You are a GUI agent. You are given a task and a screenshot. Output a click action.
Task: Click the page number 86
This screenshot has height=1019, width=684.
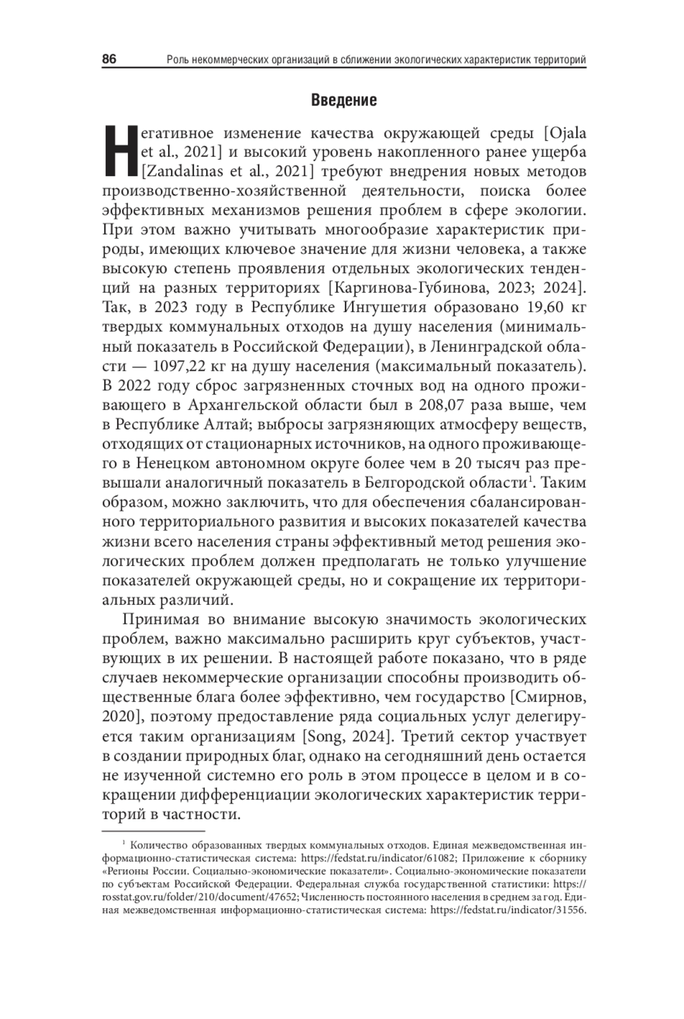[109, 59]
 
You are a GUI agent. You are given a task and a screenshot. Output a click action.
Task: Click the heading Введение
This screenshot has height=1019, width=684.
[344, 100]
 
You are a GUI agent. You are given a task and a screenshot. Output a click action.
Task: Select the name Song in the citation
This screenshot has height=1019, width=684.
[325, 736]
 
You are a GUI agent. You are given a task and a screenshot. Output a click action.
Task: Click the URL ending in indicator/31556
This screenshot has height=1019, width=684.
[508, 911]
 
